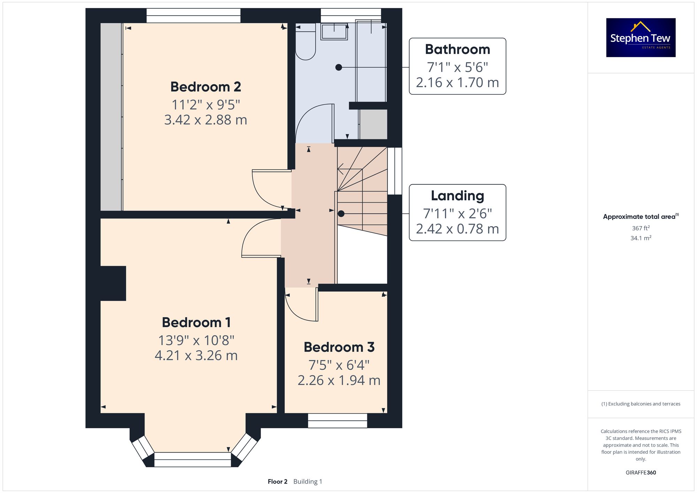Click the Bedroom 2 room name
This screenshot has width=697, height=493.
point(206,87)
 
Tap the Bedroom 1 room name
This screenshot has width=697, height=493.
point(196,322)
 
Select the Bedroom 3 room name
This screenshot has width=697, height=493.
point(339,347)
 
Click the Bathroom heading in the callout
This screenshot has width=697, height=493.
point(457,49)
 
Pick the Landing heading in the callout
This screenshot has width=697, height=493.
point(457,196)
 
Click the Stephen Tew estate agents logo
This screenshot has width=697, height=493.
point(641,38)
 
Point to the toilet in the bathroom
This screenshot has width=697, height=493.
point(305,42)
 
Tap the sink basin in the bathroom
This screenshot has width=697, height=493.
point(334,32)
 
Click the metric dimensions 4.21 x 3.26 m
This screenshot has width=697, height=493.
point(196,355)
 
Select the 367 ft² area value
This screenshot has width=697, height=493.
point(641,228)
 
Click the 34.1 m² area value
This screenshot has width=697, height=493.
point(641,238)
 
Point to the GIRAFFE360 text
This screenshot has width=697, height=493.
point(641,472)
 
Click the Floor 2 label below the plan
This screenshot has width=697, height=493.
point(277,482)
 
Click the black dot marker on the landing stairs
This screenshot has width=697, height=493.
point(341,214)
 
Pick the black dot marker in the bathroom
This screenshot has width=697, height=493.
point(339,68)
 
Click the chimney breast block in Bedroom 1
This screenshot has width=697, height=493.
point(113,283)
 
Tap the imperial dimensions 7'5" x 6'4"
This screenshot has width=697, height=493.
point(339,365)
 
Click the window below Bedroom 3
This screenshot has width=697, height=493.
point(337,421)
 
